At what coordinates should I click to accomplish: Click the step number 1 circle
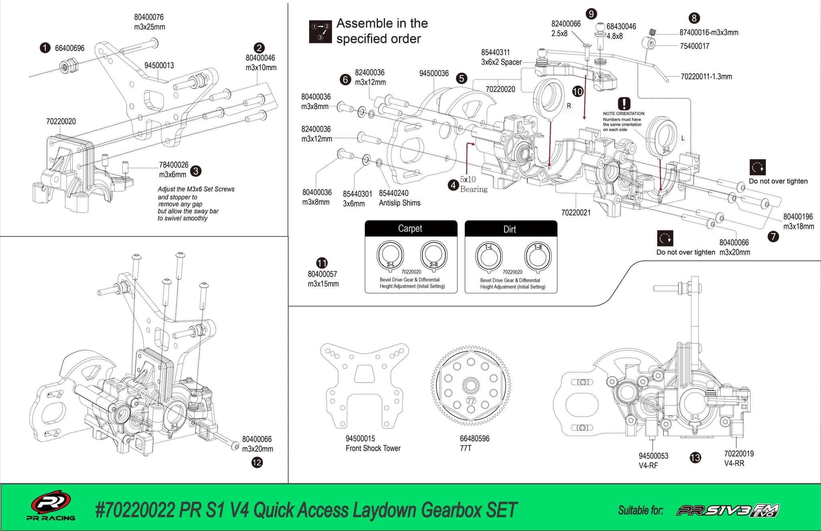(45, 48)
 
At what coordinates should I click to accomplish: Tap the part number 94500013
(159, 65)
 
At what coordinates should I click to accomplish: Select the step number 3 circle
(196, 171)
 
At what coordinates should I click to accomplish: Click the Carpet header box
(410, 228)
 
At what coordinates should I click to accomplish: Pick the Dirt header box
(510, 229)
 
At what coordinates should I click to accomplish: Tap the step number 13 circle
(695, 458)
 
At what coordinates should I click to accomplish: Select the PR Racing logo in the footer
(51, 505)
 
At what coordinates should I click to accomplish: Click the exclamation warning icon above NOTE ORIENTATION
(624, 104)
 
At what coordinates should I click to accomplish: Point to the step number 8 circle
(694, 18)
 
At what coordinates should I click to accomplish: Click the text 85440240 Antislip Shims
(399, 198)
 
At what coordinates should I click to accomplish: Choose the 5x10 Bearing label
(473, 184)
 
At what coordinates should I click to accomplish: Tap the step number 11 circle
(322, 263)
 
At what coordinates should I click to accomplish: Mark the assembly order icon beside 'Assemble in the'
(320, 32)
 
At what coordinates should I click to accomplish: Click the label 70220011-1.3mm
(706, 76)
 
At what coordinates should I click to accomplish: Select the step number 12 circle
(257, 462)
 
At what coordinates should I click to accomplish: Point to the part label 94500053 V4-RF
(653, 460)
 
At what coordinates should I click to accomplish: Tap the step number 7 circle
(773, 237)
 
